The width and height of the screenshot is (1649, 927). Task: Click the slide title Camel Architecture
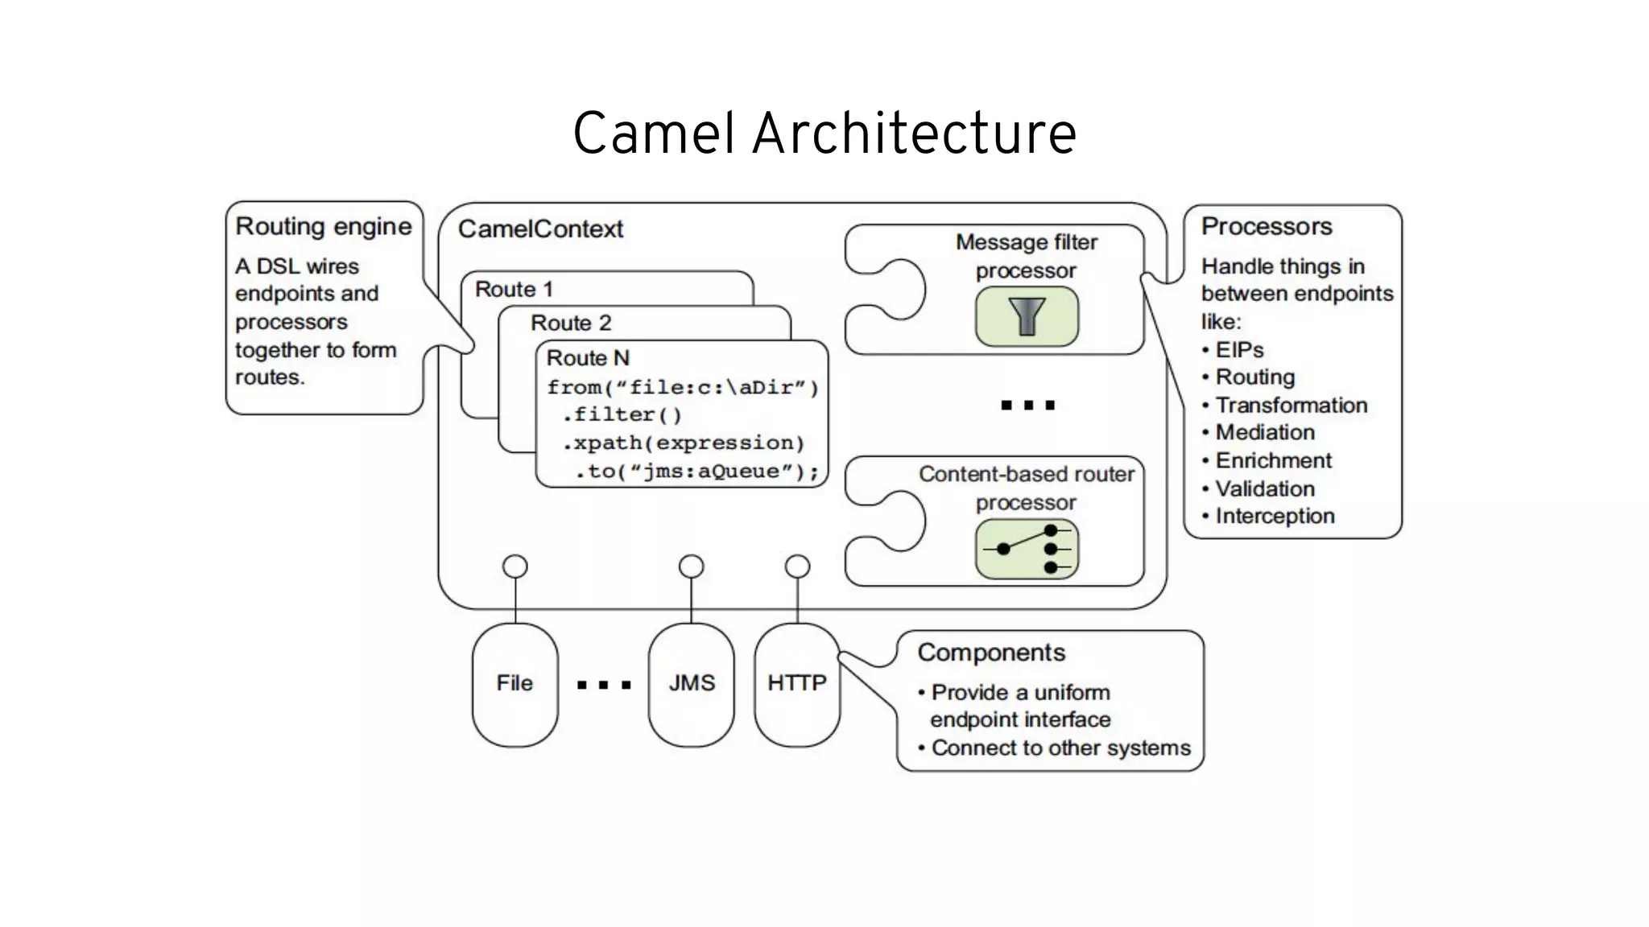click(x=824, y=134)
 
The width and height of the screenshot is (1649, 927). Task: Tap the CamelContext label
click(x=540, y=229)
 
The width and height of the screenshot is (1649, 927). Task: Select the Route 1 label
click(x=514, y=289)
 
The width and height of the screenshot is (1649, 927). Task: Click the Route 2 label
click(x=571, y=323)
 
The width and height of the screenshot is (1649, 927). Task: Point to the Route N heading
click(x=588, y=358)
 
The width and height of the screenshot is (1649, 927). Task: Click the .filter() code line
click(x=622, y=415)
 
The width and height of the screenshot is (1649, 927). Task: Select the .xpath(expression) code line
click(x=683, y=443)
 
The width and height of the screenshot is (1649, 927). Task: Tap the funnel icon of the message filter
click(x=1027, y=316)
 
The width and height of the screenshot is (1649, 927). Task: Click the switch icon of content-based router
click(x=1027, y=550)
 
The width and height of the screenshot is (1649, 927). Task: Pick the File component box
click(x=515, y=684)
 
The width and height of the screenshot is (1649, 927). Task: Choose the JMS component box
click(x=691, y=684)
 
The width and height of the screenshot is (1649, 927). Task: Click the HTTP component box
click(x=797, y=684)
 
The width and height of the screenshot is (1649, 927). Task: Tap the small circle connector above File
click(x=515, y=566)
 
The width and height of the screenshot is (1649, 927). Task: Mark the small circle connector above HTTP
click(x=797, y=566)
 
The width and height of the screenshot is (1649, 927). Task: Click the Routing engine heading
click(x=324, y=227)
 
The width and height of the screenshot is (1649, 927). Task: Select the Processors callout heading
click(x=1267, y=227)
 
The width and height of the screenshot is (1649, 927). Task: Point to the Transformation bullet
click(x=1291, y=406)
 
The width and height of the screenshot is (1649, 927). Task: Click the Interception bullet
click(x=1275, y=517)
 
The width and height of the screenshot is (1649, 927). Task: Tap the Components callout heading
click(x=991, y=653)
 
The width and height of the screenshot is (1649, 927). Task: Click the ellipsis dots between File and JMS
click(x=604, y=686)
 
